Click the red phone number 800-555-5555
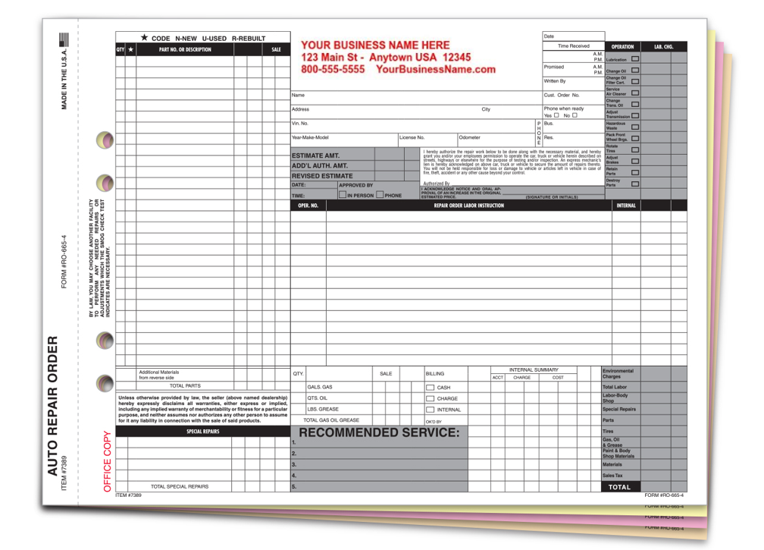(x=333, y=69)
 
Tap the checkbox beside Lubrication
(x=635, y=58)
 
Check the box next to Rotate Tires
(x=635, y=149)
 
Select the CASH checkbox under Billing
(x=430, y=388)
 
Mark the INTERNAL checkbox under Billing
(x=430, y=410)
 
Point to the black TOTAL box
(x=620, y=487)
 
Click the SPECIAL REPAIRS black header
(x=202, y=432)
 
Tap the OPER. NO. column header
(x=308, y=206)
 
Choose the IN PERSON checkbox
(x=343, y=195)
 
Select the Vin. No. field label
(x=300, y=123)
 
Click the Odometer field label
(x=469, y=138)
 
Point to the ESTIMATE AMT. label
(x=316, y=156)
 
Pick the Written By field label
(x=555, y=80)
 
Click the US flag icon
(x=64, y=40)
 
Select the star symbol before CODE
(x=144, y=37)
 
